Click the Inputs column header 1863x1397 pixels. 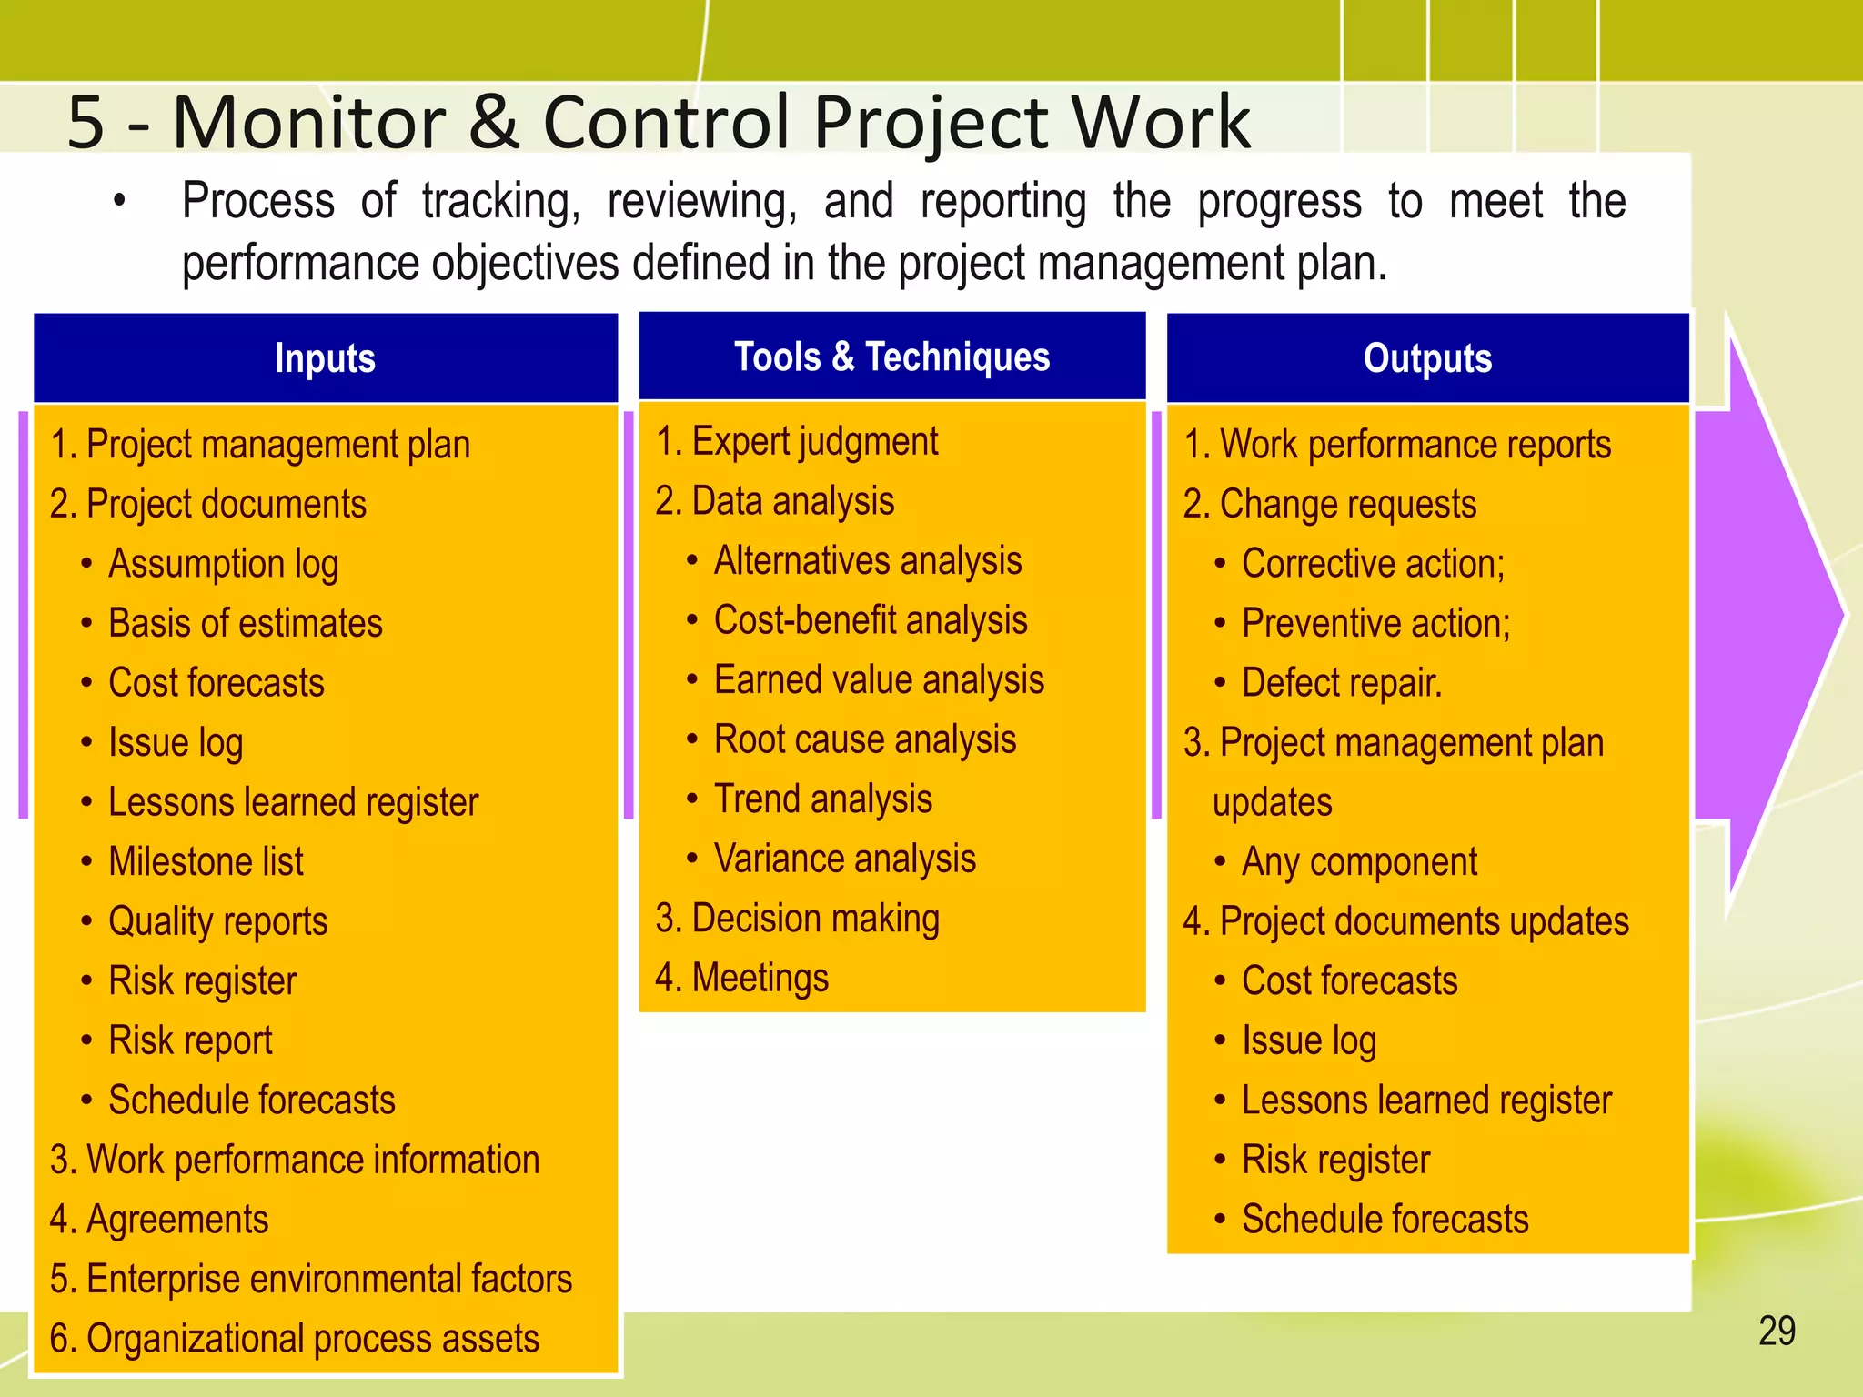(325, 358)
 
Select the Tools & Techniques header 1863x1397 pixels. (891, 357)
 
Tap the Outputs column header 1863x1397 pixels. (1427, 358)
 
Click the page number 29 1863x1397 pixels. (1777, 1332)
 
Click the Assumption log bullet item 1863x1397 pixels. (223, 564)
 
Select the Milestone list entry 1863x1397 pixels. (206, 862)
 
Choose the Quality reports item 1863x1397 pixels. (217, 922)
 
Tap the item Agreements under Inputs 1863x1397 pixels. (159, 1220)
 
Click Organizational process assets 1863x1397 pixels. (294, 1339)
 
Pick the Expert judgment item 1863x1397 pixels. (797, 442)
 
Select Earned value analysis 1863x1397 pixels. (879, 680)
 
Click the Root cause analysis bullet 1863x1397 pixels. (864, 740)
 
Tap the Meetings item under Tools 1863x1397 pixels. (742, 979)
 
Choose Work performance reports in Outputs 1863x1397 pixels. (1397, 445)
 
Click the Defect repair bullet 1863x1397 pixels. (1341, 683)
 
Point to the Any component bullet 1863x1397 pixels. (1359, 862)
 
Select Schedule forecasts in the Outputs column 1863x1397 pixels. (1385, 1220)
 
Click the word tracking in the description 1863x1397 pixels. (500, 202)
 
